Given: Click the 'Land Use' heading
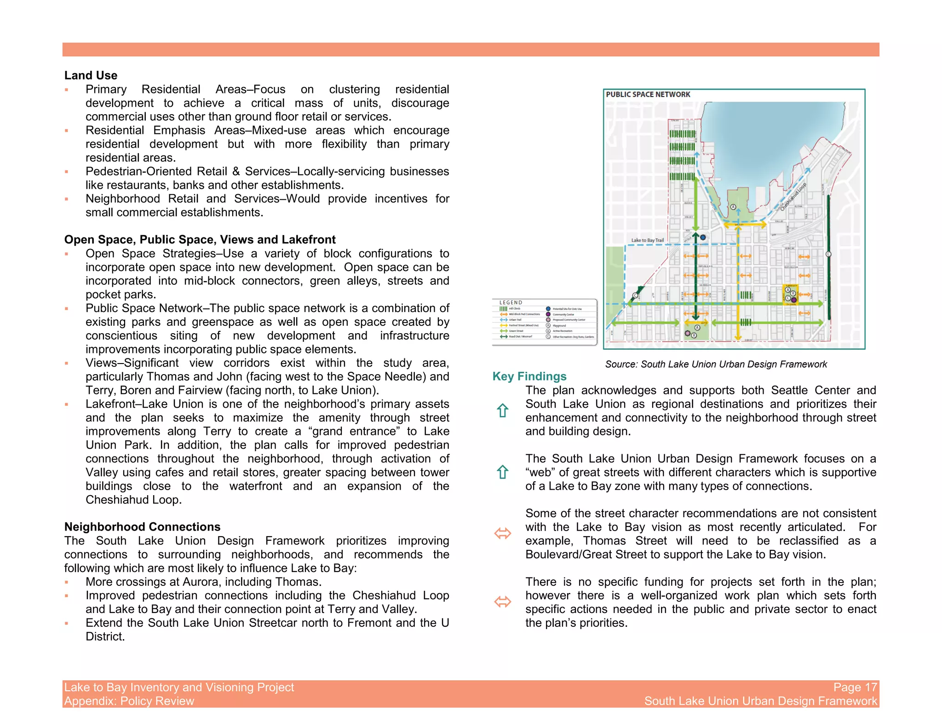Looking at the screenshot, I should point(91,75).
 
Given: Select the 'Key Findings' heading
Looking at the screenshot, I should point(529,376).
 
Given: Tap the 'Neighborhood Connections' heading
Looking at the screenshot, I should point(142,527).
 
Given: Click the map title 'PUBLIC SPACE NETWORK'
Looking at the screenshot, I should point(648,94).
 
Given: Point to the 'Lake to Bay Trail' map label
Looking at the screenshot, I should point(647,240).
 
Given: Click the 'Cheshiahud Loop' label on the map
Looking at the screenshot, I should point(793,197).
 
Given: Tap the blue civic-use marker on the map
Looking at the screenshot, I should point(702,237).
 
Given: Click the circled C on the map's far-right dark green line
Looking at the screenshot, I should point(828,254).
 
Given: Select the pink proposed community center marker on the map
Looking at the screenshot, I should point(687,333).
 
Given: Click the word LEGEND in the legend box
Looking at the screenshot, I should point(511,303).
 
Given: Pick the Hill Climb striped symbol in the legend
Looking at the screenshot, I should point(503,309).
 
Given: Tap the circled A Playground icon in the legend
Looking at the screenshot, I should point(548,325).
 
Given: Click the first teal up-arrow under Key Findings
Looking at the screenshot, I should point(502,410).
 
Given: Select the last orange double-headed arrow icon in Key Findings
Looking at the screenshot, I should point(502,601).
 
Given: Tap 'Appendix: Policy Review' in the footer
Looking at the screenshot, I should point(129,701).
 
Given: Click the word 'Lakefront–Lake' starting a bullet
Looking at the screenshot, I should point(121,404).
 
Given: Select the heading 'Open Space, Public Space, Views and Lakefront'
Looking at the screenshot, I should point(200,240).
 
